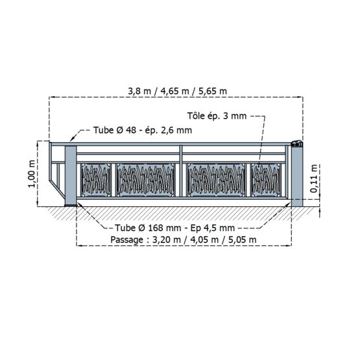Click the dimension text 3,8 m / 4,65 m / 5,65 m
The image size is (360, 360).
coord(177,91)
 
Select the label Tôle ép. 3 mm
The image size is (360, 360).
coord(217,115)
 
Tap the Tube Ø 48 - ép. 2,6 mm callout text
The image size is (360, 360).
coord(143,130)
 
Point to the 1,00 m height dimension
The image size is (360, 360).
coord(32,174)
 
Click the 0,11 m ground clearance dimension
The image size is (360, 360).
coord(314,178)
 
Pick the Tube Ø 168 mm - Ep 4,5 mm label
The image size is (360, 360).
coord(174,228)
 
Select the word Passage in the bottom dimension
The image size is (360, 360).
coord(126,240)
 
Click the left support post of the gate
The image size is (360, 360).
coord(71,176)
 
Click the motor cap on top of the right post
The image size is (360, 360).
coord(297,144)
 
